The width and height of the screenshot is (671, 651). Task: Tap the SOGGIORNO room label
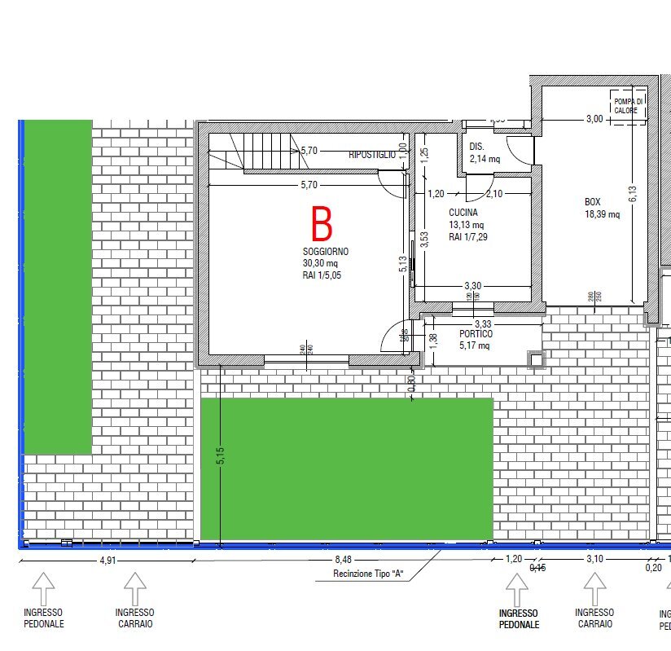(326, 252)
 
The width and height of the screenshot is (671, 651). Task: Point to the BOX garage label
(593, 202)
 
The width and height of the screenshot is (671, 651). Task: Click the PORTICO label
(476, 334)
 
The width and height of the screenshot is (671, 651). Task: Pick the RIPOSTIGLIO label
(372, 154)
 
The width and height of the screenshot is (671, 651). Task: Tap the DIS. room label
(477, 147)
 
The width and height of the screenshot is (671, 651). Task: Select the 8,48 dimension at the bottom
(343, 560)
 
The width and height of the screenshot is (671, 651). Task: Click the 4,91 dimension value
(108, 560)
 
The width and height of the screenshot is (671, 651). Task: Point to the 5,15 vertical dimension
(220, 456)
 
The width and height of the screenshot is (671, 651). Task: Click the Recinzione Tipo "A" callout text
(369, 574)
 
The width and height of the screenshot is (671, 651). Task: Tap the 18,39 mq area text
(602, 215)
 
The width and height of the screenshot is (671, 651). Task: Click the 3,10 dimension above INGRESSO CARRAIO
(594, 559)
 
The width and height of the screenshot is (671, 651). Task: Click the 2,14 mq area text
(484, 159)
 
